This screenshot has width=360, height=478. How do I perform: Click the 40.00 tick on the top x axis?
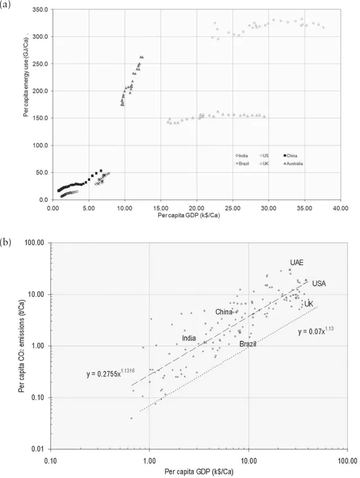(340, 207)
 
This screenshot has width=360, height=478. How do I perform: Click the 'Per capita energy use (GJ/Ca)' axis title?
(26, 105)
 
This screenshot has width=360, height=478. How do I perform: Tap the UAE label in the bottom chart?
(296, 263)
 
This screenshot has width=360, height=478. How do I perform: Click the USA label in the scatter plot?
(319, 283)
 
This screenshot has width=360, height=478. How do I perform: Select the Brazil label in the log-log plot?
(247, 344)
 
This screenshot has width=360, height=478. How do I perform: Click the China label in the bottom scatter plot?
(224, 312)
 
